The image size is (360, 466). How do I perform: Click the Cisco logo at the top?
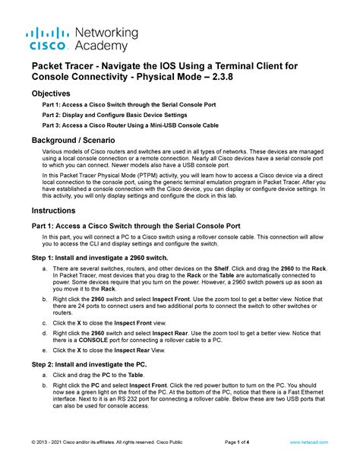pos(48,39)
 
